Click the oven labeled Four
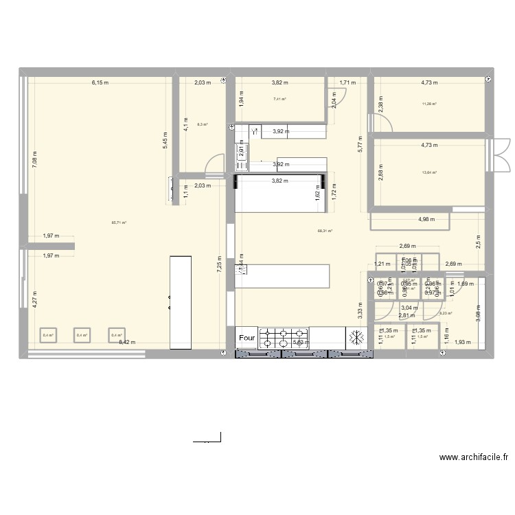[x=247, y=338]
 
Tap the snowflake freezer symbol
[x=357, y=337]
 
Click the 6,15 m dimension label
[x=100, y=83]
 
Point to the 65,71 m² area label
[x=119, y=222]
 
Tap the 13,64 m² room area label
[x=433, y=173]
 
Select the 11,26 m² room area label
[x=433, y=104]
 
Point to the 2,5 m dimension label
[x=478, y=241]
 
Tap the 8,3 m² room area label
[x=202, y=124]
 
